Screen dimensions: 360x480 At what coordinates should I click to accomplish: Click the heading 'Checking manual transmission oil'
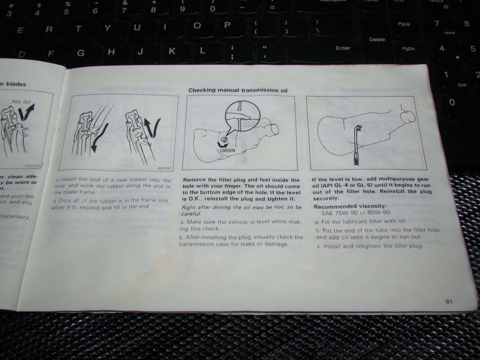(x=238, y=90)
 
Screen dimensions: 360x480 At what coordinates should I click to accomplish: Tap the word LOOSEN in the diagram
(x=227, y=150)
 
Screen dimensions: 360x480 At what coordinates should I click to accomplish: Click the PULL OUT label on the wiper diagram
(x=21, y=102)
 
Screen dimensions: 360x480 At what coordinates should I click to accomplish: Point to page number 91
(x=449, y=302)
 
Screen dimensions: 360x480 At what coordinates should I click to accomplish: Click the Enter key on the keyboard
(x=343, y=48)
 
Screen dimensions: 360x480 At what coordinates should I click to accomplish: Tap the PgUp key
(x=404, y=24)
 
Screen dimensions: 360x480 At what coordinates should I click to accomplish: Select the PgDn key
(x=408, y=48)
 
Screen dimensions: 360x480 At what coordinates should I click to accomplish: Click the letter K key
(x=172, y=51)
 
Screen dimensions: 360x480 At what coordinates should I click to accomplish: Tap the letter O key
(x=197, y=26)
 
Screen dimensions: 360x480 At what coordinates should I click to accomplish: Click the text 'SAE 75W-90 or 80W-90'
(x=355, y=213)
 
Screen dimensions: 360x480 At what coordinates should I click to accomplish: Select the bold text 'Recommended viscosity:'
(x=350, y=206)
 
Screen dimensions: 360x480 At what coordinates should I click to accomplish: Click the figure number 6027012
(x=165, y=168)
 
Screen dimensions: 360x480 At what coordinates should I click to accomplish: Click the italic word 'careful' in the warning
(x=191, y=214)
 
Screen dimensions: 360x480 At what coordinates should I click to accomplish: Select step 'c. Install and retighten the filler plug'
(x=370, y=246)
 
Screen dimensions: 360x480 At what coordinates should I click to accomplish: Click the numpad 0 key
(x=452, y=102)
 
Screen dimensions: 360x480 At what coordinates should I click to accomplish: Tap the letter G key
(x=81, y=53)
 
